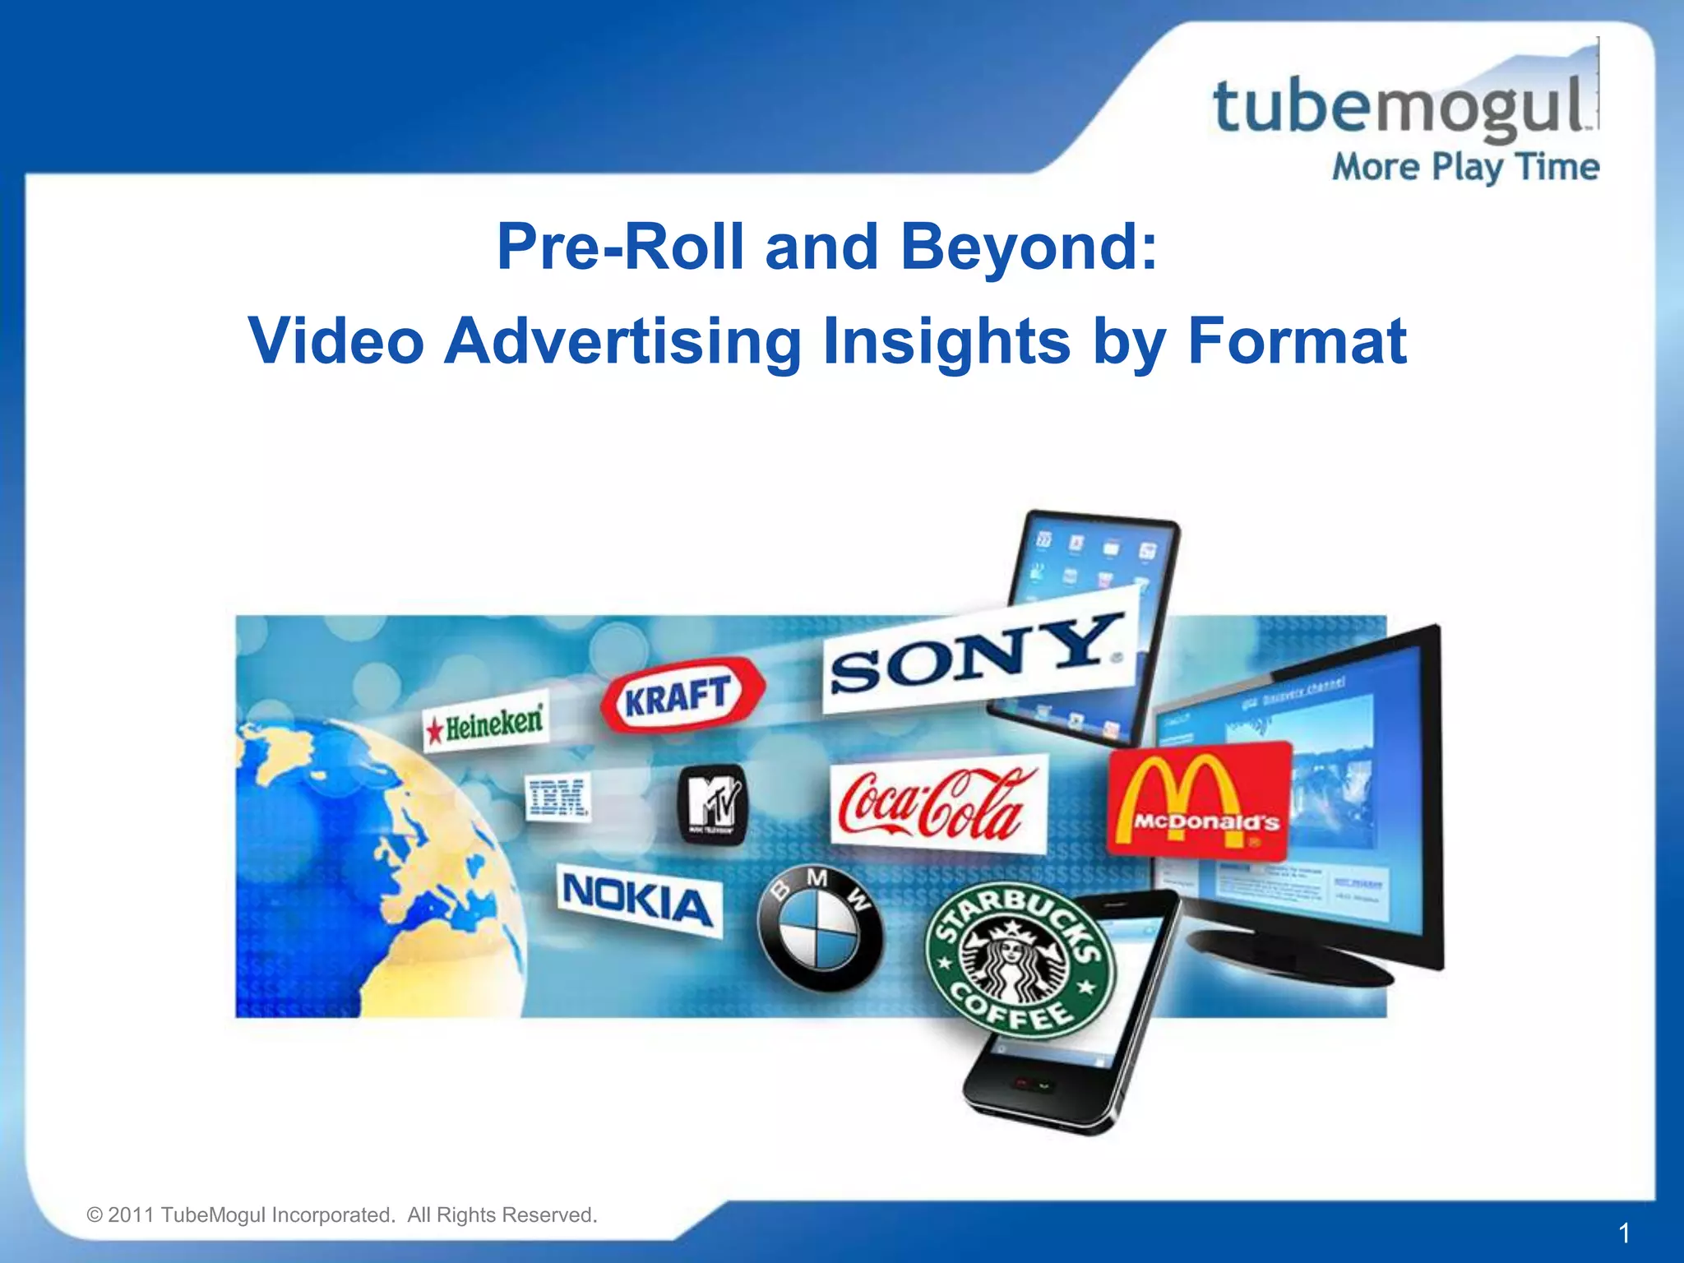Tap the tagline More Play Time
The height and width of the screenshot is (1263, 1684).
[x=1465, y=168]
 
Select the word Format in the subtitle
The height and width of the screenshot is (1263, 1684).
[x=1297, y=341]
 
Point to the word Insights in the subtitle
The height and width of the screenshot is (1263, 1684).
[x=946, y=341]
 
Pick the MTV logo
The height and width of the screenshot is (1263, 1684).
[x=713, y=803]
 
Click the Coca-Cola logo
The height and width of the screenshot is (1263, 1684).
[x=937, y=804]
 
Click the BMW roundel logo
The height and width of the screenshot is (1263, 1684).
[x=818, y=929]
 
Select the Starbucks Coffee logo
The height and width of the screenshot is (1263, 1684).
[x=1020, y=959]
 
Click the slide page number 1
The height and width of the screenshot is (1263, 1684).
[x=1624, y=1233]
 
